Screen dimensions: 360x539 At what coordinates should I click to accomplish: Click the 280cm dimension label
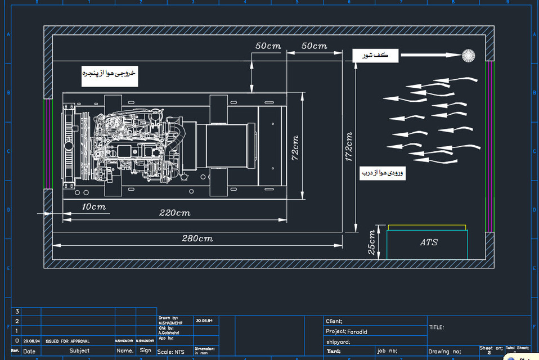tap(197, 238)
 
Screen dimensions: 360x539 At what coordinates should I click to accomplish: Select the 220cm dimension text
tap(174, 213)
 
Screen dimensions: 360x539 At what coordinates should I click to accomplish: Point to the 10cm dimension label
tap(93, 207)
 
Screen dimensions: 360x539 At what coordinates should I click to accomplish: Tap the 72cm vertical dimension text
tap(295, 148)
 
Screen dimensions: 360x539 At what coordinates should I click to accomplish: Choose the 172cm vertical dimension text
tap(349, 147)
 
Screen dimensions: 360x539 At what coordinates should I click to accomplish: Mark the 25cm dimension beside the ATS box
tap(371, 242)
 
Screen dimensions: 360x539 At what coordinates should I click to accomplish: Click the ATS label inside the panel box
tap(429, 242)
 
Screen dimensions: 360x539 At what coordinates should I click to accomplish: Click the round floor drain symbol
tap(468, 55)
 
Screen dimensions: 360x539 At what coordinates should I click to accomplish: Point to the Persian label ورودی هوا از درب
tap(383, 173)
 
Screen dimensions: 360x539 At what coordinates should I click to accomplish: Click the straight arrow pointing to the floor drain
tap(430, 55)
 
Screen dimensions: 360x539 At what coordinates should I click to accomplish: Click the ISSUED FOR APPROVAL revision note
tap(68, 341)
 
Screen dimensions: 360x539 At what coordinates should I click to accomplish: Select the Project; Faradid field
tap(347, 331)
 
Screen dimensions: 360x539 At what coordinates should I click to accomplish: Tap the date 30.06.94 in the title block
tap(204, 321)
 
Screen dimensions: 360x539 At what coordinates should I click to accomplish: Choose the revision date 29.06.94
tap(31, 341)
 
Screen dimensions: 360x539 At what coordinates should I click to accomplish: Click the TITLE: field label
tap(437, 327)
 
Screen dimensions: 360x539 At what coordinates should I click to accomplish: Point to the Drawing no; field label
tap(444, 352)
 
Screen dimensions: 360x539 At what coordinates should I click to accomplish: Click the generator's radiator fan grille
tap(70, 145)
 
